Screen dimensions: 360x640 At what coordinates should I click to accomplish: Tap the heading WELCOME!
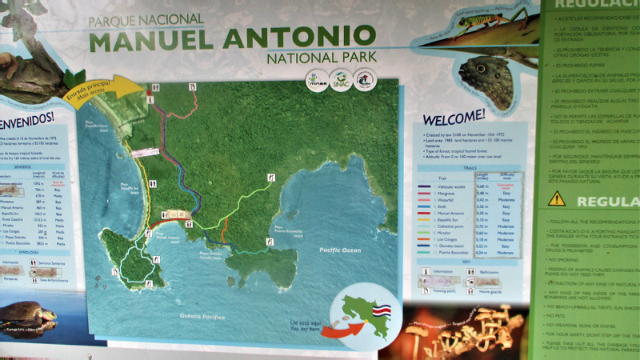pyautogui.click(x=454, y=116)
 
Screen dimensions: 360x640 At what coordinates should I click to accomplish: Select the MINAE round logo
pyautogui.click(x=318, y=81)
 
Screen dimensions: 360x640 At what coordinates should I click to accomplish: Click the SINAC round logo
pyautogui.click(x=342, y=81)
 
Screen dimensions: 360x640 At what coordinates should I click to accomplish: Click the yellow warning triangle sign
pyautogui.click(x=557, y=198)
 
